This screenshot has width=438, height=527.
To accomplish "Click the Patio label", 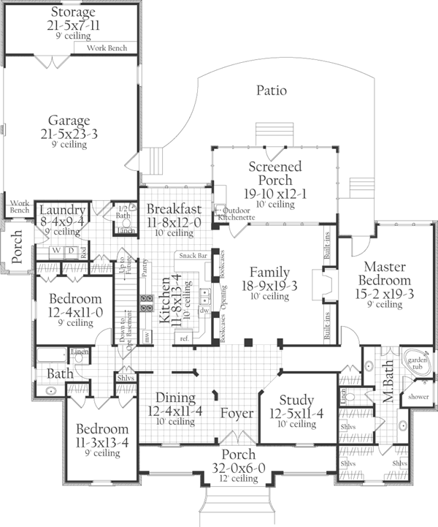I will coord(272,91).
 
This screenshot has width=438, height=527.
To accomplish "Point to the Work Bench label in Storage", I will coord(107,48).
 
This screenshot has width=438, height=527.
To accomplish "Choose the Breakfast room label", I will coord(174,208).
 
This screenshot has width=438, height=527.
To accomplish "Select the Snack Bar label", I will coord(191,257).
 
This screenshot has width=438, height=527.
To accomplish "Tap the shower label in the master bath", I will coord(418,397).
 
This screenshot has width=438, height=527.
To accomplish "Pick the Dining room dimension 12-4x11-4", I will coord(174,411).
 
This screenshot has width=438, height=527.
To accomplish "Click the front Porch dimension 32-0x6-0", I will coord(240,467).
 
